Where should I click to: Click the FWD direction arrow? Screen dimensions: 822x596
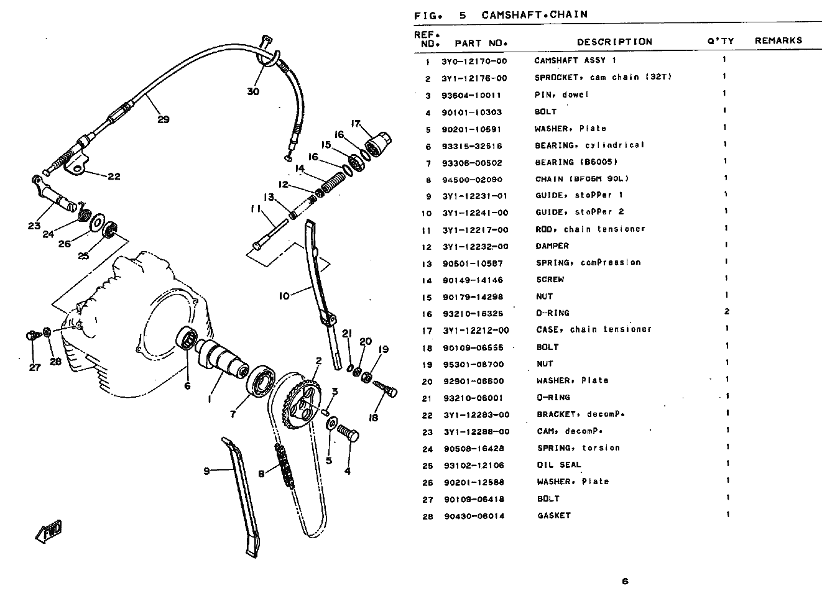point(48,531)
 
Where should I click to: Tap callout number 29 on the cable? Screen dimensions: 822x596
point(164,119)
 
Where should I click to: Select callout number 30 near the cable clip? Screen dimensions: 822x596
point(253,91)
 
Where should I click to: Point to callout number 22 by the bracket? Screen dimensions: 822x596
point(114,177)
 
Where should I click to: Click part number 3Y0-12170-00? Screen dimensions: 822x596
point(474,62)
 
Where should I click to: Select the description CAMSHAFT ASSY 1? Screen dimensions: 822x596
point(575,60)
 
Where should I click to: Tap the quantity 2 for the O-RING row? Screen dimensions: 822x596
point(727,311)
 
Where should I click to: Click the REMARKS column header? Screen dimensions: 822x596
point(778,40)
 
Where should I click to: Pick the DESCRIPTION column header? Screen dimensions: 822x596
point(614,42)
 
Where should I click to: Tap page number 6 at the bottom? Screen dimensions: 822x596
point(626,581)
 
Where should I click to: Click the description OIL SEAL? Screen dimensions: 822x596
point(559,465)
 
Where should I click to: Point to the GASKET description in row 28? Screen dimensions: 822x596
point(554,515)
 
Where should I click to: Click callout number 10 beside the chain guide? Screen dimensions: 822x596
point(284,296)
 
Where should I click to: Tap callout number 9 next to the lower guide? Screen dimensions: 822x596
point(206,471)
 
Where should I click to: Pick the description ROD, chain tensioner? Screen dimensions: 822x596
point(590,229)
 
